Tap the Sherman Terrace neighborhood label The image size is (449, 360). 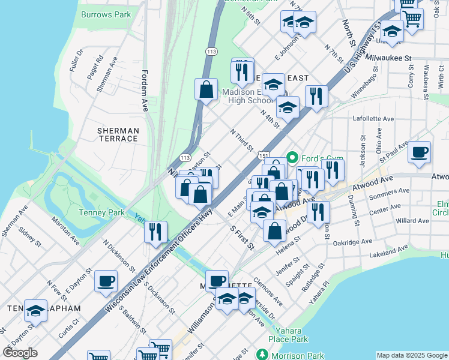(118, 134)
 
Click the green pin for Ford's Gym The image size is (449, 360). (292, 158)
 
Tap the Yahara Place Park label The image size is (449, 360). (292, 335)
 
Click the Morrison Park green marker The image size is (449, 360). (261, 354)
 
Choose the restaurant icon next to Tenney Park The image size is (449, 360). (155, 231)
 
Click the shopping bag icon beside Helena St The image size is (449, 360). (274, 231)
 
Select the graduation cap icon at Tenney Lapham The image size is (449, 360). (36, 311)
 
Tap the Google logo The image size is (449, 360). (20, 353)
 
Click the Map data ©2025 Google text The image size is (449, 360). (412, 355)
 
